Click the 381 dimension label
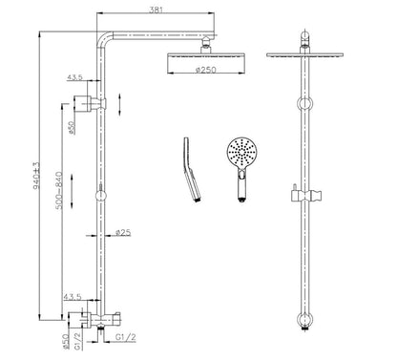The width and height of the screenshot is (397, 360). (156, 10)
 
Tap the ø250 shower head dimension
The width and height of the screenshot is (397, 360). (205, 70)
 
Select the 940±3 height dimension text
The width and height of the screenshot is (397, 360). (36, 176)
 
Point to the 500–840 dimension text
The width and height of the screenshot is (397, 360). (59, 190)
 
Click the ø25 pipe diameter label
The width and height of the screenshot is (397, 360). (123, 233)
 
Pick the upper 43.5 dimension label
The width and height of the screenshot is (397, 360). (75, 76)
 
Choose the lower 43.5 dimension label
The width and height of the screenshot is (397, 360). (73, 297)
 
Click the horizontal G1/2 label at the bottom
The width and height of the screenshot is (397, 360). (126, 337)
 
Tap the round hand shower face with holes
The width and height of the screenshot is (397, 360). (241, 153)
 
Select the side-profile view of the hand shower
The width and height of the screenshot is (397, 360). (192, 169)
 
